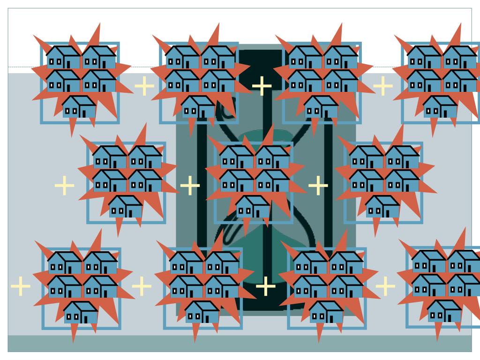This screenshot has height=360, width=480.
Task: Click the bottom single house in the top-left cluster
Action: pos(79,107)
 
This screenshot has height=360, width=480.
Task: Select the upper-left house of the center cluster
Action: pos(237,157)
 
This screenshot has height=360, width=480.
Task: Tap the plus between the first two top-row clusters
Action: pos(144,85)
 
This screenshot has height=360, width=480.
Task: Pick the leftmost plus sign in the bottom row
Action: pos(20,286)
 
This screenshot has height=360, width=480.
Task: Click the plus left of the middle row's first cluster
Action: pos(65,186)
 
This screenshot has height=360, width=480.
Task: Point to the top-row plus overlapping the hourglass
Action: pos(262,85)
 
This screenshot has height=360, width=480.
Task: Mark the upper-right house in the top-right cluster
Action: pos(460,57)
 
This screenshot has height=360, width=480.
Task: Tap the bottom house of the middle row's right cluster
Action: pos(382,207)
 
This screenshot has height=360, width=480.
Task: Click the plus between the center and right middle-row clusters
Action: pos(318,186)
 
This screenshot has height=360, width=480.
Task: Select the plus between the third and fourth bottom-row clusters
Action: pos(385,286)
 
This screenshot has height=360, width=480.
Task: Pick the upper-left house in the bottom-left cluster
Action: pos(65,263)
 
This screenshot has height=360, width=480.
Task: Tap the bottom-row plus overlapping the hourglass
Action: pos(265,286)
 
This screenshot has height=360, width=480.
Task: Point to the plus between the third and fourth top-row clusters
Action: pos(383,85)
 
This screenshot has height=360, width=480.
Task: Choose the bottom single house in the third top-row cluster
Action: pos(321,107)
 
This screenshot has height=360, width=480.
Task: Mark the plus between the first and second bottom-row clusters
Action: pos(142,286)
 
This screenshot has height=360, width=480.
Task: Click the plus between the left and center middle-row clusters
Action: pos(190,186)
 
